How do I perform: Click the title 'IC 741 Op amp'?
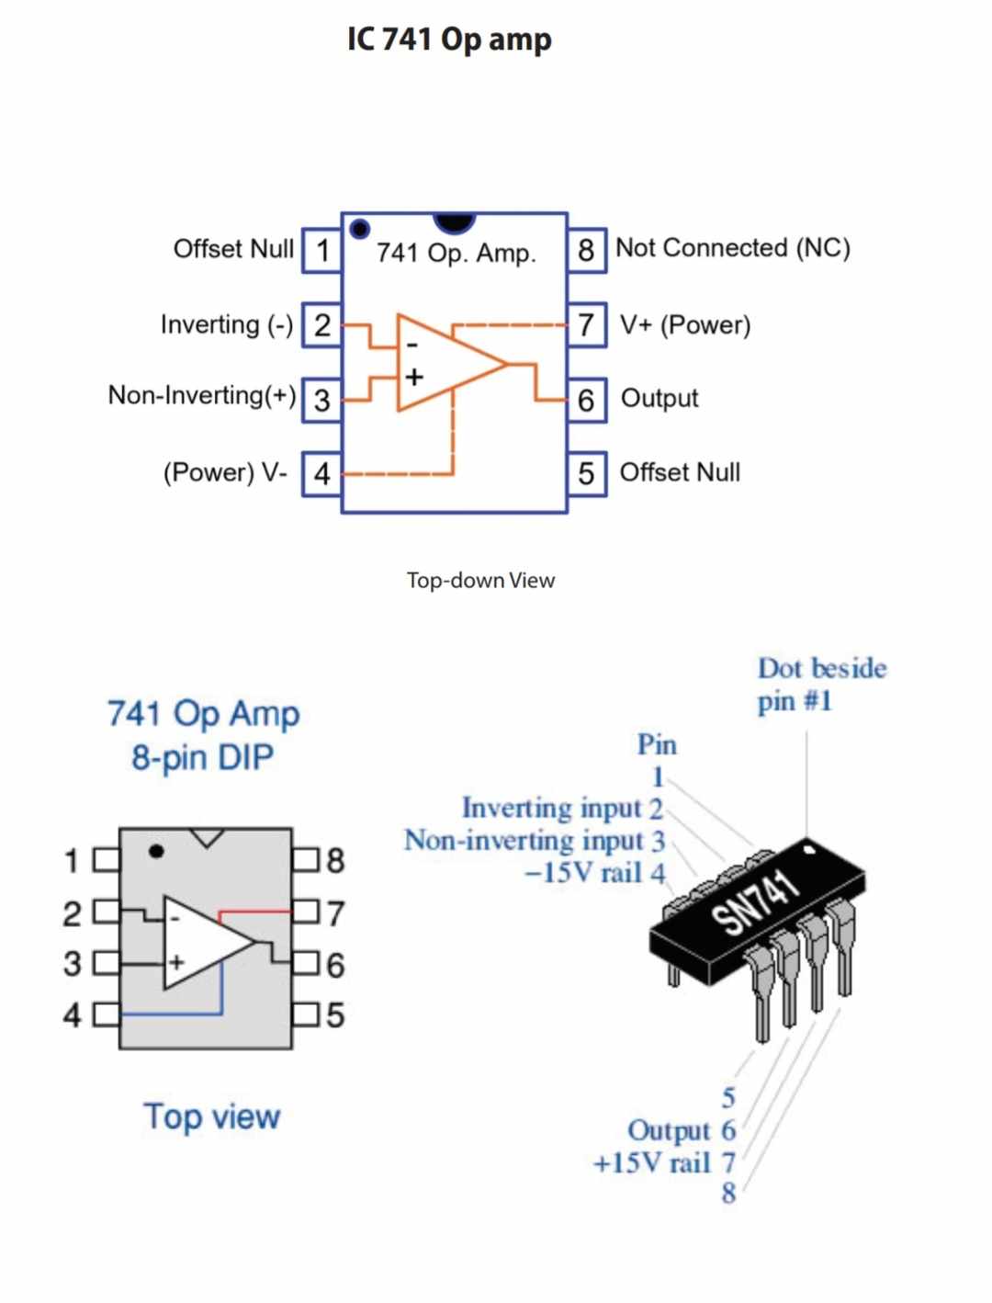pos(449,40)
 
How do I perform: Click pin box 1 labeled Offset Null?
pos(321,250)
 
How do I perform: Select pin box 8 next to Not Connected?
pos(586,250)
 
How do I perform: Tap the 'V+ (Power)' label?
pos(685,325)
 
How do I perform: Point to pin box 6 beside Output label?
pos(586,400)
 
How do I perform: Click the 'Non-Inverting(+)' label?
pos(202,395)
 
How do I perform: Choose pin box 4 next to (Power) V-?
pos(321,474)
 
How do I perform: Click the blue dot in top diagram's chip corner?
pos(360,228)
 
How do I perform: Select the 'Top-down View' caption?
pos(480,581)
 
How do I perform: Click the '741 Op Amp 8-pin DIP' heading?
pos(203,735)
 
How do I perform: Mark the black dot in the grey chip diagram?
pos(156,851)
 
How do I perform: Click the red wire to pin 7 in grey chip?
pos(255,912)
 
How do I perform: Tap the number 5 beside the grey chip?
pos(335,1015)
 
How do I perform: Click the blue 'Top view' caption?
pos(211,1116)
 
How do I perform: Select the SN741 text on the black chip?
pos(755,903)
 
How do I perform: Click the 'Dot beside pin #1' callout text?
pos(821,685)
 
